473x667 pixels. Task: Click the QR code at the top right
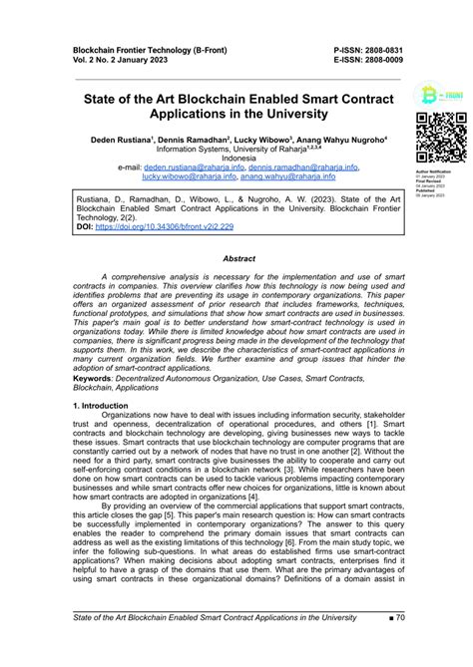[x=440, y=138]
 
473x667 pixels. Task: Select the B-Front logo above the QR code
[x=440, y=97]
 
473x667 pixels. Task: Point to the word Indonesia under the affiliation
[x=238, y=159]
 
